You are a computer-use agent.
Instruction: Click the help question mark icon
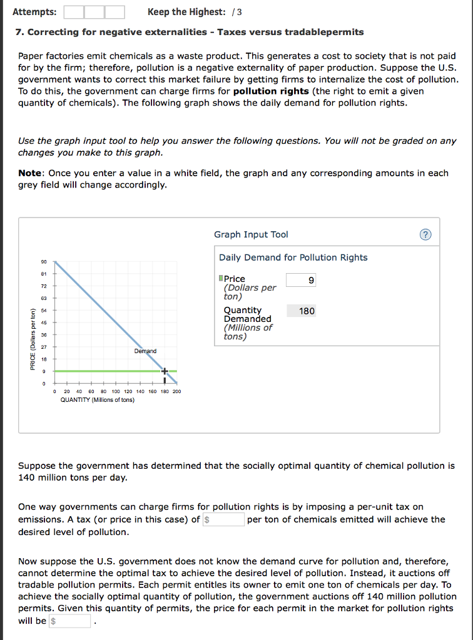[x=425, y=235]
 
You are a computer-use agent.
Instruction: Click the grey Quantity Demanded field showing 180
[x=301, y=311]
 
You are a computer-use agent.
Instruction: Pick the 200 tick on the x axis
[x=176, y=391]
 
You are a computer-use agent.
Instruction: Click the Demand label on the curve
[x=145, y=351]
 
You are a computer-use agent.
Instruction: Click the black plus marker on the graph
[x=165, y=371]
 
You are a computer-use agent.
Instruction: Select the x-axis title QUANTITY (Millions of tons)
[x=97, y=400]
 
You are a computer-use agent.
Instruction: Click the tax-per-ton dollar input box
[x=223, y=519]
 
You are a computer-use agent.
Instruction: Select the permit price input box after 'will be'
[x=70, y=621]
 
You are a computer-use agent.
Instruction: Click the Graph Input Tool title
[x=251, y=234]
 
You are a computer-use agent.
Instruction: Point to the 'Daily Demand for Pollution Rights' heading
[x=293, y=257]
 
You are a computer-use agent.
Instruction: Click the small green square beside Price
[x=221, y=279]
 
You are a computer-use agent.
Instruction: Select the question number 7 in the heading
[x=20, y=32]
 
